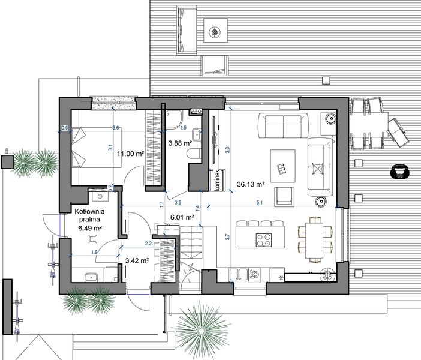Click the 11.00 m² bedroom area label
tap(130, 154)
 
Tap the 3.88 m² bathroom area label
tap(179, 143)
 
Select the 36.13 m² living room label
tap(251, 184)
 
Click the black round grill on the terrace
tap(398, 172)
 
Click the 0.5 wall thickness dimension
tap(65, 128)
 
